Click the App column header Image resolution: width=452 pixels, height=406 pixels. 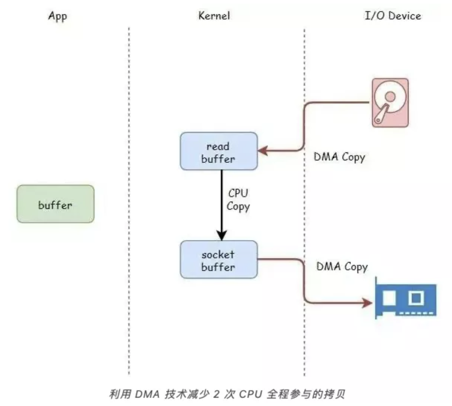(57, 16)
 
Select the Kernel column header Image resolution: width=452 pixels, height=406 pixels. (214, 16)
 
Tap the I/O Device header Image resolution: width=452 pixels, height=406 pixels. (393, 16)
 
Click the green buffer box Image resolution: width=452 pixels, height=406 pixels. (55, 204)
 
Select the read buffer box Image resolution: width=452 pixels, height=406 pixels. (219, 152)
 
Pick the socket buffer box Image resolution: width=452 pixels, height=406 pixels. (219, 260)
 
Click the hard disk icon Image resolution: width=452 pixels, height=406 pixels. (390, 103)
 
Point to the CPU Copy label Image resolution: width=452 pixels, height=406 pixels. (238, 200)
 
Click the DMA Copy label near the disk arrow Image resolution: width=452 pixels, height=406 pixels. (339, 157)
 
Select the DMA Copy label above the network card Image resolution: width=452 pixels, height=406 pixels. (342, 266)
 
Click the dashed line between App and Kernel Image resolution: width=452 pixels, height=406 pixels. (129, 202)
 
